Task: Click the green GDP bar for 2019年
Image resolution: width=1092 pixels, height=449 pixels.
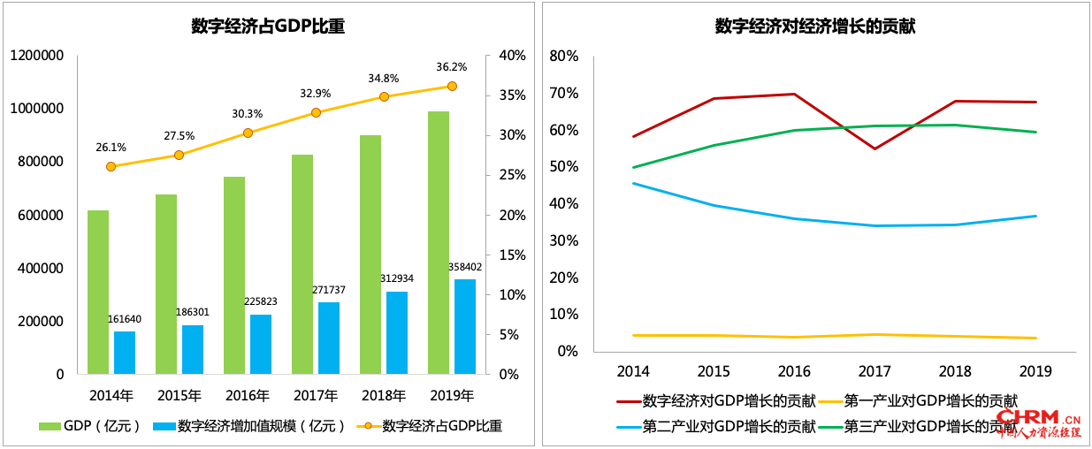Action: pos(439,242)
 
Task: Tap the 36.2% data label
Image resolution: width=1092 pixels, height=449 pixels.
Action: pos(451,66)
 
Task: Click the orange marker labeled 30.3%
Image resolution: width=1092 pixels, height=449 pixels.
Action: pos(248,133)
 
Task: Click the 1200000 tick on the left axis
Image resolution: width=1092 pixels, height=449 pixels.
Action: pos(37,56)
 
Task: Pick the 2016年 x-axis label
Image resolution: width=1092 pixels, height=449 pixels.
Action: pos(247,394)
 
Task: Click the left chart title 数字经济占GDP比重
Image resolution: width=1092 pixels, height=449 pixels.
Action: pos(268,27)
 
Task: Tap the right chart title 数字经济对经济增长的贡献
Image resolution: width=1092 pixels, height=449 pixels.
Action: pos(814,27)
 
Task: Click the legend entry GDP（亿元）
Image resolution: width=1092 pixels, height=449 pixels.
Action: pos(91,426)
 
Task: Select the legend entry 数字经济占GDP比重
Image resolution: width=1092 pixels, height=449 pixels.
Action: pos(430,426)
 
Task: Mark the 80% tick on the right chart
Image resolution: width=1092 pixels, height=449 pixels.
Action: pos(563,56)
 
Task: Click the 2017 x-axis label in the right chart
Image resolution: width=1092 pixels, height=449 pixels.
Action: pos(874,370)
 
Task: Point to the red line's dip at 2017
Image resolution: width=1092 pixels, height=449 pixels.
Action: pos(874,148)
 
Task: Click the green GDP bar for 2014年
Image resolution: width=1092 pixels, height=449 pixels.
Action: pos(98,292)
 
